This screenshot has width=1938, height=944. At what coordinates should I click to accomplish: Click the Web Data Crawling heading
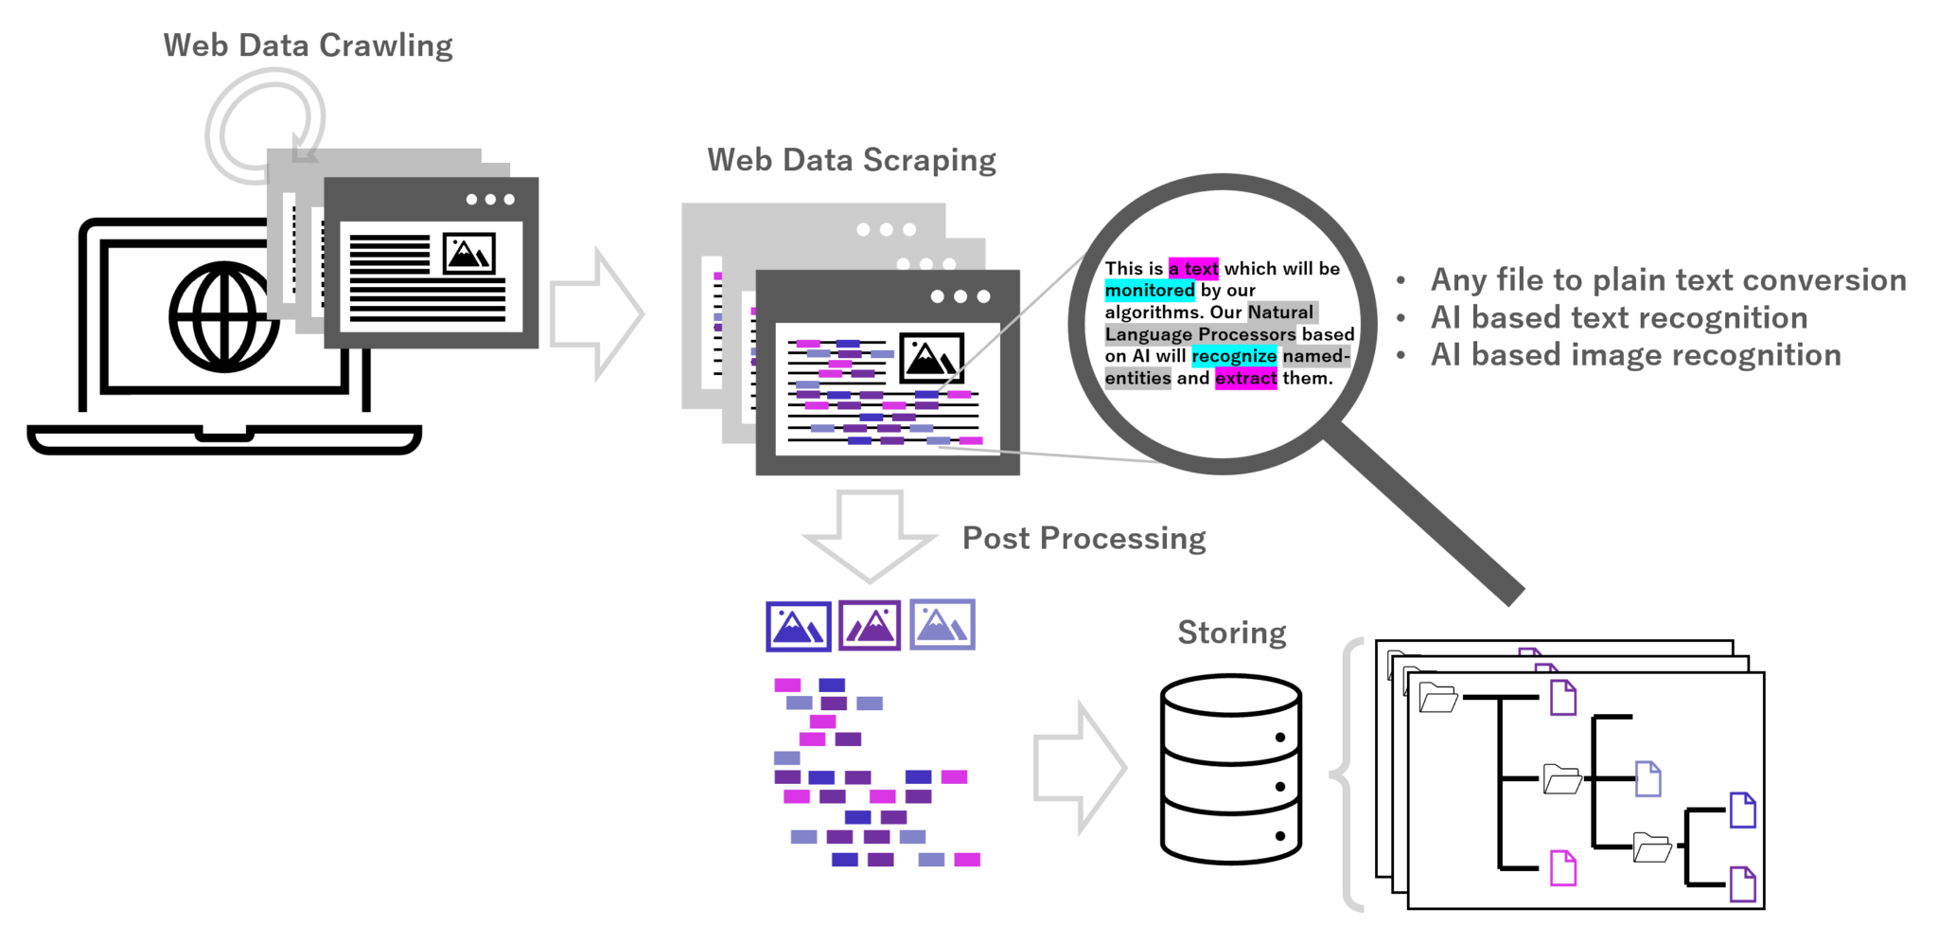pyautogui.click(x=308, y=45)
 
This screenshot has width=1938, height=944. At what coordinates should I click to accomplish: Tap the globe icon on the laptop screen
pyautogui.click(x=224, y=316)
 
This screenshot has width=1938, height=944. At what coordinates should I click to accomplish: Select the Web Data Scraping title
pyautogui.click(x=851, y=160)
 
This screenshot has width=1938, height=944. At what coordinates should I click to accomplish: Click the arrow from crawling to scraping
pyautogui.click(x=595, y=313)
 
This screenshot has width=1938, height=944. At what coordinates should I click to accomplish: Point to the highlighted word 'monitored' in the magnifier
pyautogui.click(x=1150, y=291)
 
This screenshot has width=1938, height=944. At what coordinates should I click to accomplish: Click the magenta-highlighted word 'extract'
pyautogui.click(x=1245, y=379)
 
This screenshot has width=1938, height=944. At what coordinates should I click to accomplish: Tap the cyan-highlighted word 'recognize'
pyautogui.click(x=1233, y=357)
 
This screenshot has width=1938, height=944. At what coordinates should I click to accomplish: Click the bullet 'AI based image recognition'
pyautogui.click(x=1635, y=355)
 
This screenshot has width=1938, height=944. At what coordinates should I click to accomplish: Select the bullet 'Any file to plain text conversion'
pyautogui.click(x=1667, y=280)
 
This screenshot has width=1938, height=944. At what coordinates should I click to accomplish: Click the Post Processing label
pyautogui.click(x=1084, y=538)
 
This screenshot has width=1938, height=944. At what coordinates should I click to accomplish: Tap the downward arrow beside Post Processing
pyautogui.click(x=869, y=534)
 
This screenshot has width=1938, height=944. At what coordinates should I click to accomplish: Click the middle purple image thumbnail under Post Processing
pyautogui.click(x=869, y=626)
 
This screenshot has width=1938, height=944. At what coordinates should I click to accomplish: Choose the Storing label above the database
pyautogui.click(x=1231, y=632)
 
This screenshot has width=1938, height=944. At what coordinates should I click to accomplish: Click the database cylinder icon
pyautogui.click(x=1230, y=768)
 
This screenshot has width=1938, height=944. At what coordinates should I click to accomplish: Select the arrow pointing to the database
pyautogui.click(x=1079, y=768)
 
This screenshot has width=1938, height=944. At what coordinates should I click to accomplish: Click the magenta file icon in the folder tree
pyautogui.click(x=1562, y=868)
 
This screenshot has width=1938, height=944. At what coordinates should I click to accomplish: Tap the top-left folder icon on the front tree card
pyautogui.click(x=1437, y=698)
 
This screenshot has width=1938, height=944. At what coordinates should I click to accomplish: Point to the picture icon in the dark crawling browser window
pyautogui.click(x=468, y=254)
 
